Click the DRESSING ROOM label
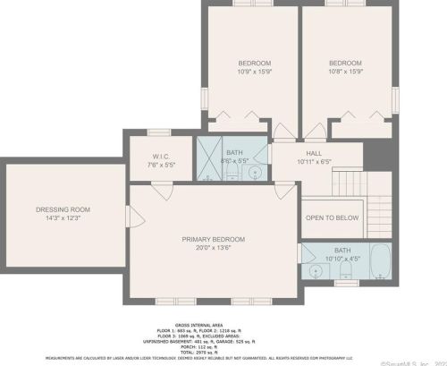(x=63, y=209)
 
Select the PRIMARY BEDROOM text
(x=213, y=239)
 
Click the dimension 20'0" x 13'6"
(x=213, y=249)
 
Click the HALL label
(x=314, y=153)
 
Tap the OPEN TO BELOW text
(x=332, y=217)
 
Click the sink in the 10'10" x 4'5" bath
(x=316, y=270)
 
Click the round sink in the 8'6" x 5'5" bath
(x=254, y=172)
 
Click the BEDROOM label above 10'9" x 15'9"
(x=254, y=63)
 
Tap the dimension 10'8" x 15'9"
(x=345, y=72)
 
